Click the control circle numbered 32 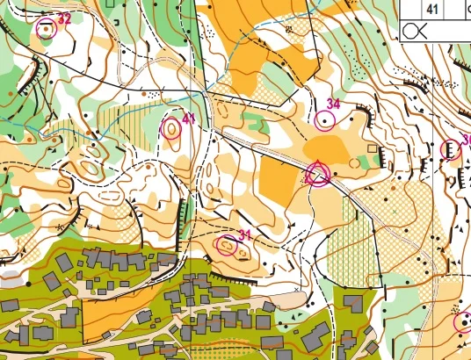[46, 28]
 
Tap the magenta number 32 [64, 18]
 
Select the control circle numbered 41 [172, 130]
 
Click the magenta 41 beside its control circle [189, 119]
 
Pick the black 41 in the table [432, 9]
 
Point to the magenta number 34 [332, 104]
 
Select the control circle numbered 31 [228, 247]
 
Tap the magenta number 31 [245, 234]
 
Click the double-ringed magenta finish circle [318, 174]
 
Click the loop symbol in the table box [415, 31]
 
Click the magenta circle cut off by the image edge [463, 321]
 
